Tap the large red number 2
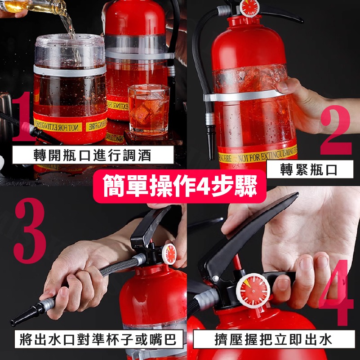pos(336,131)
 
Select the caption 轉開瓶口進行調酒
pos(93,156)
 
